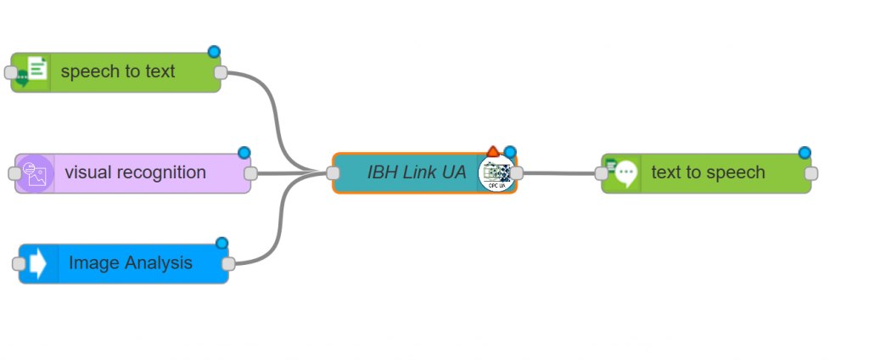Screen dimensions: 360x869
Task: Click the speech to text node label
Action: point(118,71)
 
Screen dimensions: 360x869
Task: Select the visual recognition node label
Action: point(135,172)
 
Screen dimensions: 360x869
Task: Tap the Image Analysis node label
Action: point(131,263)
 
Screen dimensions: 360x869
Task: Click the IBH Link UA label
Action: point(416,172)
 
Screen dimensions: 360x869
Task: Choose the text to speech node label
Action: point(708,172)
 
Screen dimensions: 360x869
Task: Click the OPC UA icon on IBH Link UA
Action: point(496,174)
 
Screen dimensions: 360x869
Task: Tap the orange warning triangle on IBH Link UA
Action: point(493,152)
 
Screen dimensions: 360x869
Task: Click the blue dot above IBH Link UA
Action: point(510,152)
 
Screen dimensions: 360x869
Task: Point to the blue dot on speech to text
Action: point(215,52)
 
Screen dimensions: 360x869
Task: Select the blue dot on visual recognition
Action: point(244,153)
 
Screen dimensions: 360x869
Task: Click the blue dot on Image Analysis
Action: point(222,243)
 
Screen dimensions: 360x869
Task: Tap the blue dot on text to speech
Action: point(805,153)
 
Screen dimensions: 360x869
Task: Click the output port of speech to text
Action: point(221,72)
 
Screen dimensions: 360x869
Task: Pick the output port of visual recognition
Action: point(250,173)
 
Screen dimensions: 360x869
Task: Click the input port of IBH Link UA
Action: point(334,173)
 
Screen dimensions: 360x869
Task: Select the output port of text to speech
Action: point(811,173)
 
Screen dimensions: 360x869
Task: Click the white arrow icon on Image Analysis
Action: point(38,263)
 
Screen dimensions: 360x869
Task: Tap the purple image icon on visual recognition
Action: point(35,173)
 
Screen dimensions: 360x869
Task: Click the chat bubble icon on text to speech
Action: point(625,173)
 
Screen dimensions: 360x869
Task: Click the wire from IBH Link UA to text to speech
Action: point(560,173)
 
